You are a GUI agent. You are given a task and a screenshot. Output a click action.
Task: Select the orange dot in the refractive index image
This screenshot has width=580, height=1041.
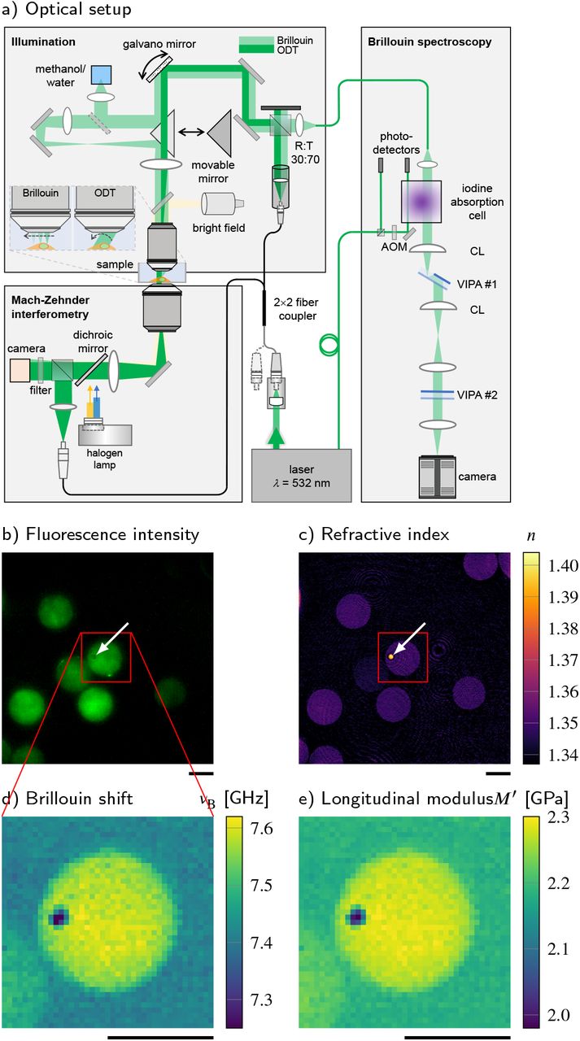coord(391,655)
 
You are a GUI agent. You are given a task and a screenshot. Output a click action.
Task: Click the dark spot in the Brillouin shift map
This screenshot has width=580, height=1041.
coord(59,918)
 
